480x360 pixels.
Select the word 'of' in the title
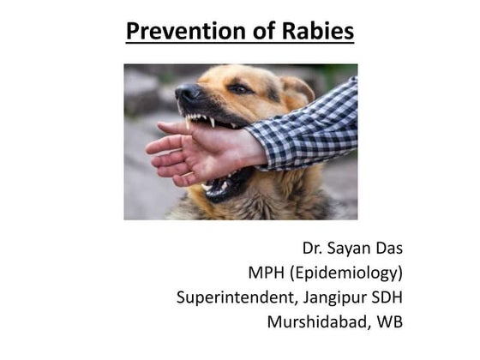(x=260, y=32)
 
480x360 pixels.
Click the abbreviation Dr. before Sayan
(x=314, y=249)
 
